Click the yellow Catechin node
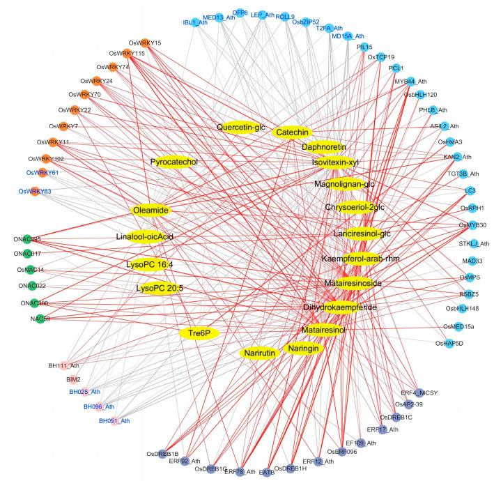pos(291,132)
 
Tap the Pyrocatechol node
pos(174,162)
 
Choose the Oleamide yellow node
pos(150,210)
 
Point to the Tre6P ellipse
pos(199,333)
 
